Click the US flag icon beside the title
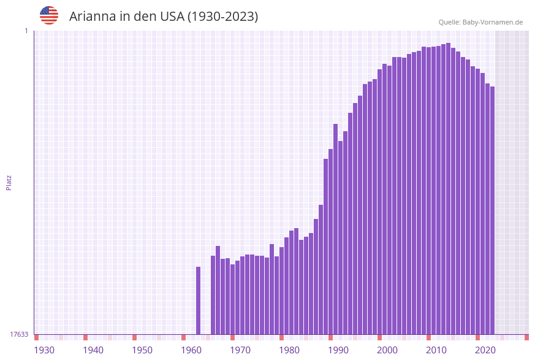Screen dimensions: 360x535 49,15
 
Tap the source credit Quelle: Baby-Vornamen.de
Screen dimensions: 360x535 480,22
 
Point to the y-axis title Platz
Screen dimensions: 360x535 9,182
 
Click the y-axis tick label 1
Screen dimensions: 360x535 26,31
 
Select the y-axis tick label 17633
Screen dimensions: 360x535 19,334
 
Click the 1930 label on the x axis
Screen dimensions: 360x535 44,350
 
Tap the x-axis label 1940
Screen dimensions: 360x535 93,350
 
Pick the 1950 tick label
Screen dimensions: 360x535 142,350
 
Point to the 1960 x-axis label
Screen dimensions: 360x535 191,350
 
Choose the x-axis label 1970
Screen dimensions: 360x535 240,350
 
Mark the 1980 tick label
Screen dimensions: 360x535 289,350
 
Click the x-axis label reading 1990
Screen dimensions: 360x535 338,350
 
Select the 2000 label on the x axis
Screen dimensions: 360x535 387,350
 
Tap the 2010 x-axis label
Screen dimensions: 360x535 436,350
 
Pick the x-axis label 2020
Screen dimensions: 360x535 485,350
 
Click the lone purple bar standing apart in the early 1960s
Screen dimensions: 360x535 198,301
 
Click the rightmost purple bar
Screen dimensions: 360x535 492,209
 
